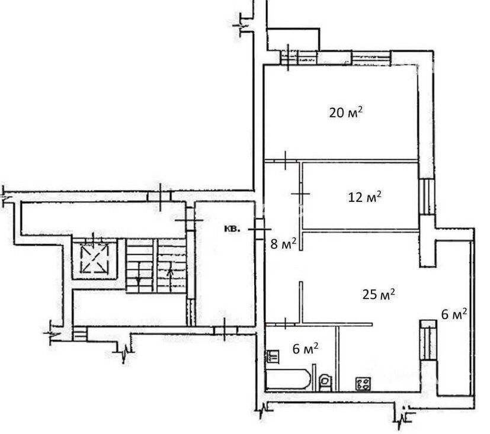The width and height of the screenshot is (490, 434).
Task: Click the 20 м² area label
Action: click(346, 112)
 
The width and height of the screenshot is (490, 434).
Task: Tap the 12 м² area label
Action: click(365, 197)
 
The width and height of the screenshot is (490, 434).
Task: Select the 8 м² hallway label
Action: click(283, 243)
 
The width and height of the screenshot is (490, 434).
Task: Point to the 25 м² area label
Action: click(379, 294)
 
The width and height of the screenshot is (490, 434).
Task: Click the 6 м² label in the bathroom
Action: click(306, 349)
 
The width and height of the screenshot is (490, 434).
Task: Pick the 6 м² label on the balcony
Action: click(454, 314)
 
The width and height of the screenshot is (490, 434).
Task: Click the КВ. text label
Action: click(232, 229)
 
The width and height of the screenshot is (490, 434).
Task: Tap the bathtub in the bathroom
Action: click(288, 380)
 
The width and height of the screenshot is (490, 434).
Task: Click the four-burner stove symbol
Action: click(363, 384)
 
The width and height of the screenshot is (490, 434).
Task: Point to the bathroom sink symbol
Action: click(273, 356)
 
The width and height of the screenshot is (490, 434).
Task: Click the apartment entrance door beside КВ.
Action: click(260, 229)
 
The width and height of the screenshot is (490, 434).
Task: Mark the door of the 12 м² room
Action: click(300, 194)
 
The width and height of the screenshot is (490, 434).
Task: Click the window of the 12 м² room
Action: click(427, 197)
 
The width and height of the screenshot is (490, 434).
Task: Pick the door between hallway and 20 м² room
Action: click(286, 160)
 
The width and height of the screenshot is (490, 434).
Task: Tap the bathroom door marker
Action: click(286, 323)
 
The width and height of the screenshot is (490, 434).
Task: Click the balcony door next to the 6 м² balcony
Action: click(428, 340)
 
